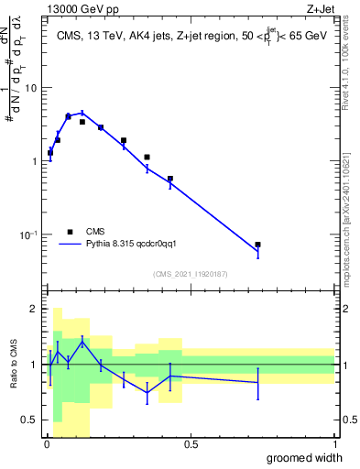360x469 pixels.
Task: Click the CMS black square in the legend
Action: pyautogui.click(x=70, y=232)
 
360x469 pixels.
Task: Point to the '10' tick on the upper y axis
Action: pyautogui.click(x=30, y=88)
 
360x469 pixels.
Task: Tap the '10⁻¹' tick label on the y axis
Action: pyautogui.click(x=27, y=234)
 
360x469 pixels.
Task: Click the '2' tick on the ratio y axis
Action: pyautogui.click(x=34, y=310)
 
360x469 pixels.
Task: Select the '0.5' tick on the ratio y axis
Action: pyautogui.click(x=29, y=420)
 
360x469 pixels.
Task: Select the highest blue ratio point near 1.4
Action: pyautogui.click(x=82, y=342)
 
